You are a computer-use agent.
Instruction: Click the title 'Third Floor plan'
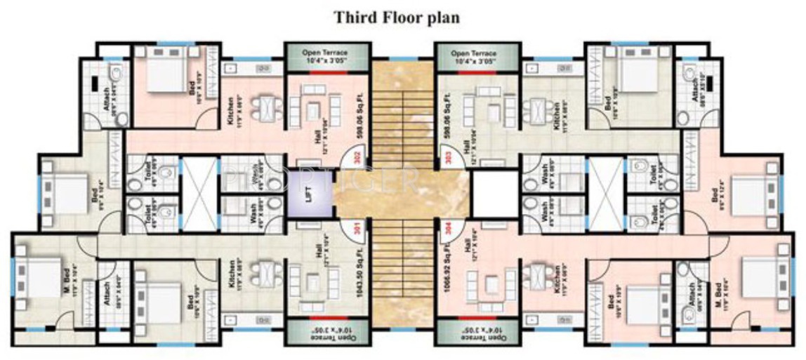click(397, 18)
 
